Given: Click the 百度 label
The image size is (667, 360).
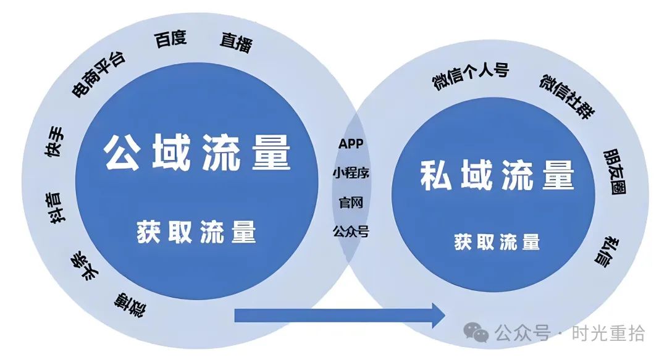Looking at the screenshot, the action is tap(170, 39).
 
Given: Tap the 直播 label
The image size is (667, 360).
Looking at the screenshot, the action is tap(236, 43).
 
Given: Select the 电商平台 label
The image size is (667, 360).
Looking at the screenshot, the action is tap(98, 75).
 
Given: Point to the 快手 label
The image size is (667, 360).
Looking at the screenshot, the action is tap(55, 141).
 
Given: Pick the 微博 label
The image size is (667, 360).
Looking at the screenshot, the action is tap(130, 304).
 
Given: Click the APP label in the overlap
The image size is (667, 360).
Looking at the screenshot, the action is tap(351, 143).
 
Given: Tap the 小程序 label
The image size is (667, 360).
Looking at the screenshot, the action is tap(351, 173).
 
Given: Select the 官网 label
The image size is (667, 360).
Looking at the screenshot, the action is tap(351, 202).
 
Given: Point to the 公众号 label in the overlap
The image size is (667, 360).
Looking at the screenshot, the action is tap(351, 232).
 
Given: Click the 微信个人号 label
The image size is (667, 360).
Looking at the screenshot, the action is tap(471, 76).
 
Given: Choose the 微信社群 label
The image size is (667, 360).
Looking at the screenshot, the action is tap(568, 96).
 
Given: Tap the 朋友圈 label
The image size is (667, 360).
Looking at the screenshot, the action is tap(615, 172).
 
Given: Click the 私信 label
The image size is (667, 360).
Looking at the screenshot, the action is tap(607, 252).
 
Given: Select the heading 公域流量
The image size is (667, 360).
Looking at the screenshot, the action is tap(197, 152).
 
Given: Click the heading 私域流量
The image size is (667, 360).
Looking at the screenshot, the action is tap(497, 175).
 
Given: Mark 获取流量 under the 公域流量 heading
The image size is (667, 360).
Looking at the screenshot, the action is tap(196, 232).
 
